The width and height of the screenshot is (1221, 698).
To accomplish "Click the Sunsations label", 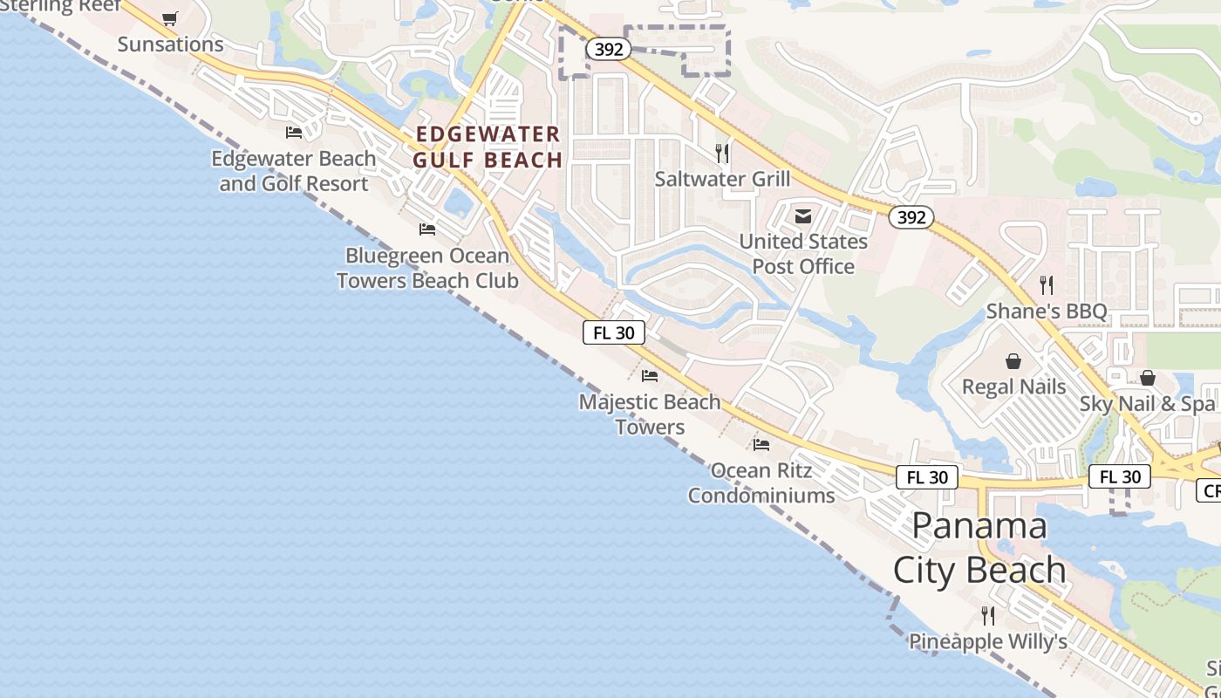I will [x=170, y=44].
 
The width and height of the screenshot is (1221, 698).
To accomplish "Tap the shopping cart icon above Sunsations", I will [x=170, y=18].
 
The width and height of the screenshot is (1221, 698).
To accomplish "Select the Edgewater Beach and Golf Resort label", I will [x=294, y=171].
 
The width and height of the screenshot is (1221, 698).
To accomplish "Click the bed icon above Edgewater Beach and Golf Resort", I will [x=294, y=133].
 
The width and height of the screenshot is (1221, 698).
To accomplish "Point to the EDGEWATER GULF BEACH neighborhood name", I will [x=488, y=147].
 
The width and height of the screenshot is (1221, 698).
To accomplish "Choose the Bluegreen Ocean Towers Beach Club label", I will [x=427, y=268].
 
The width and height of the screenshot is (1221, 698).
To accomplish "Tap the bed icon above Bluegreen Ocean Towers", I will [x=427, y=229].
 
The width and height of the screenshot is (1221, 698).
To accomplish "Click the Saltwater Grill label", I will [x=722, y=179].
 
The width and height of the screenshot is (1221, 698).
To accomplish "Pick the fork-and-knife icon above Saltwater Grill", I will [x=722, y=154].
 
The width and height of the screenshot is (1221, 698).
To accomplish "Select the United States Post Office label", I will [x=803, y=253].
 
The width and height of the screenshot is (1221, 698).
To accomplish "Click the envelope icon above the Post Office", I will [x=803, y=216].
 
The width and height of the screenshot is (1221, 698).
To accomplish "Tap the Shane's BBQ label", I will [x=1046, y=311].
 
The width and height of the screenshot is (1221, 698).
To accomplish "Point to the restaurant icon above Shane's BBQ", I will [x=1047, y=285].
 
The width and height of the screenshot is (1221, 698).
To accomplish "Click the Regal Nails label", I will [x=1013, y=387].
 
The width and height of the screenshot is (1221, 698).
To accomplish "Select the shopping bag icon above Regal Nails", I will [x=1013, y=361].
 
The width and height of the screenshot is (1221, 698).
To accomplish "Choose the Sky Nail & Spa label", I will [x=1147, y=404].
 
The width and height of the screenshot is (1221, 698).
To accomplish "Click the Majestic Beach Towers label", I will [x=650, y=414].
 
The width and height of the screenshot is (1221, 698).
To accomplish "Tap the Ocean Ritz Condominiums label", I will [x=761, y=483].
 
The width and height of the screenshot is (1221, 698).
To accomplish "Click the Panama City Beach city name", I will [x=979, y=548].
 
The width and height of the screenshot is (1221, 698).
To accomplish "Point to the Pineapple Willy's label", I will [x=988, y=641].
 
